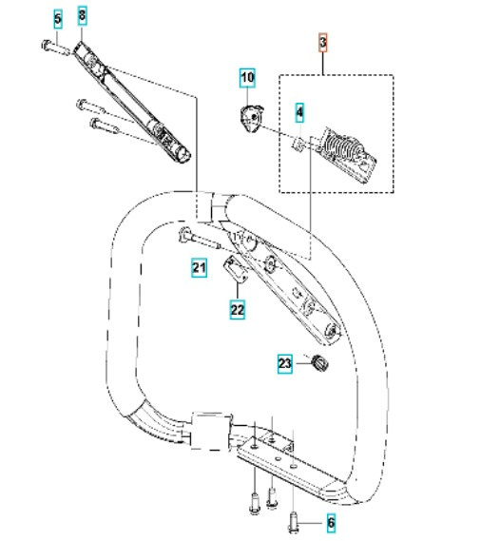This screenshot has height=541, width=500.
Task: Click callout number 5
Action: [x=58, y=20]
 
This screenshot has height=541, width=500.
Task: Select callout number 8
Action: [x=82, y=15]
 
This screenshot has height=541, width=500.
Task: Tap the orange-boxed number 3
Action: [x=323, y=43]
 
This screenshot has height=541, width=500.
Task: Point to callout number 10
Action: [x=247, y=78]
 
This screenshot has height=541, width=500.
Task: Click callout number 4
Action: [x=299, y=112]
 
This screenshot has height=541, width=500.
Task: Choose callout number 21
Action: [x=200, y=268]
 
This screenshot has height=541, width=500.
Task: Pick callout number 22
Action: [x=238, y=310]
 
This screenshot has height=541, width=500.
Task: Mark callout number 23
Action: [x=285, y=363]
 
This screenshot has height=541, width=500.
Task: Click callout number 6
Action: [x=331, y=523]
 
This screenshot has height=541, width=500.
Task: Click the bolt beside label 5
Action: [x=56, y=48]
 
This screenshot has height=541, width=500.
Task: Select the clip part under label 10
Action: [x=251, y=118]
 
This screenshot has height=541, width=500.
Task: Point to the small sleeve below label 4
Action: [x=299, y=144]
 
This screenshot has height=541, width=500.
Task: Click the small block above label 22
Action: [x=236, y=269]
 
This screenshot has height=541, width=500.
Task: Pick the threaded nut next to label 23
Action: [x=319, y=363]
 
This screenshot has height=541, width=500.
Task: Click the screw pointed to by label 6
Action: [x=293, y=522]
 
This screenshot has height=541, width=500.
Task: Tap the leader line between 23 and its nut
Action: [x=302, y=363]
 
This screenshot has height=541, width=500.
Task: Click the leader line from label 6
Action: [x=312, y=523]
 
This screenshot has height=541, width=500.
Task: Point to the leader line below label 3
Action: [x=323, y=64]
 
